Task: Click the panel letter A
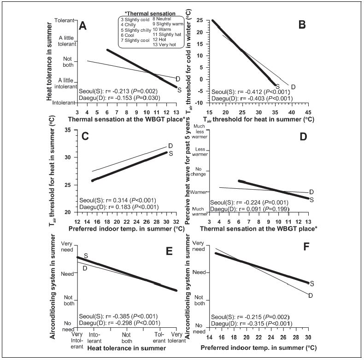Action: coord(83,26)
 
